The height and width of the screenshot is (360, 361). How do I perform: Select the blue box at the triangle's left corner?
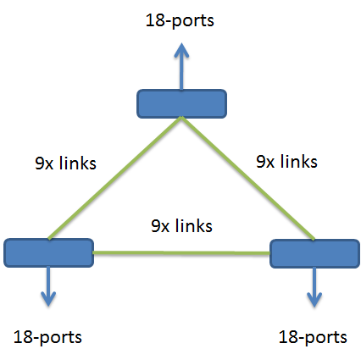point(48,252)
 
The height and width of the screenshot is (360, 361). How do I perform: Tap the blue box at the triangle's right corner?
point(314,252)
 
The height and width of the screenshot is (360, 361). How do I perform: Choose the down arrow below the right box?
point(314,286)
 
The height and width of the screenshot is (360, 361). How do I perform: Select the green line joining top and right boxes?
point(247,179)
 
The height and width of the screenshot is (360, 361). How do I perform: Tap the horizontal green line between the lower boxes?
point(180,252)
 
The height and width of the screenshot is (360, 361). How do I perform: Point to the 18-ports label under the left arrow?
point(48,336)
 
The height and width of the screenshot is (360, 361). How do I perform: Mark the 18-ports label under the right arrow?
point(313,336)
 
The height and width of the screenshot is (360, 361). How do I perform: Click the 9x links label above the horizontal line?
point(180,226)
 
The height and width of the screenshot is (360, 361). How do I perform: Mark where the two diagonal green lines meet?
point(181,119)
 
